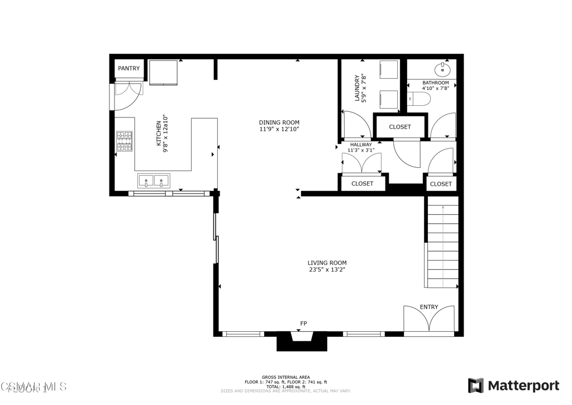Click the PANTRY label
coord(129,69)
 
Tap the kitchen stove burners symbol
coord(124,142)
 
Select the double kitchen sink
coord(154,181)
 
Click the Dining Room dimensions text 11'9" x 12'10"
coord(279,129)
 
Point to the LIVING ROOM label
coord(327,263)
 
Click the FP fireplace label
coord(303,324)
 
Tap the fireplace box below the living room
coord(302,341)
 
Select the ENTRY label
coord(429,307)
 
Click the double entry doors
coord(429,323)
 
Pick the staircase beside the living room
coord(442,246)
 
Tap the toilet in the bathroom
coord(420,100)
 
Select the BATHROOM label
coord(435,83)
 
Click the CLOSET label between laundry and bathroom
coord(400,127)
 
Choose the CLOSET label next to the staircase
coord(441,184)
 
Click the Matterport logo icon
coord(475,385)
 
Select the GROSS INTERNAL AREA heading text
coord(285,378)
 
